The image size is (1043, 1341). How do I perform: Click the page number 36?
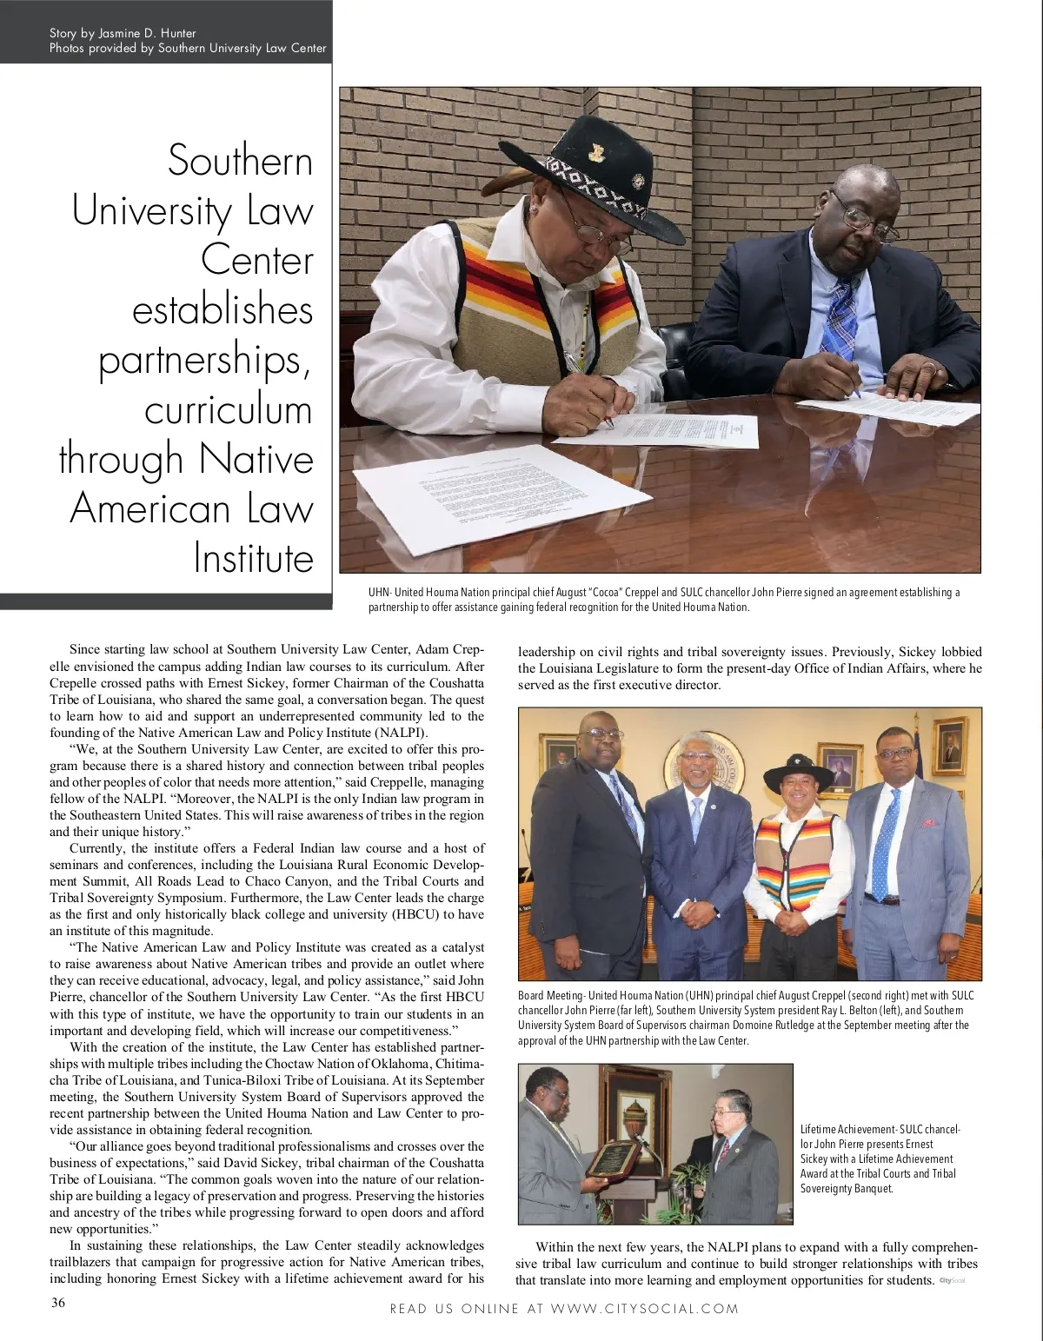pyautogui.click(x=57, y=1302)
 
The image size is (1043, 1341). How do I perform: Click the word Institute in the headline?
pyautogui.click(x=253, y=558)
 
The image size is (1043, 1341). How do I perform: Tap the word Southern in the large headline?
pyautogui.click(x=240, y=161)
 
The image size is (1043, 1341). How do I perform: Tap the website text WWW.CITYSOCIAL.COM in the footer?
pyautogui.click(x=645, y=1308)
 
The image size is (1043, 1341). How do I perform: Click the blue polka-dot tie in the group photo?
pyautogui.click(x=885, y=842)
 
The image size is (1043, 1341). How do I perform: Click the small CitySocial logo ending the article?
pyautogui.click(x=953, y=1280)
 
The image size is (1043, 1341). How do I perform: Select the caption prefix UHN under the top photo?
pyautogui.click(x=379, y=593)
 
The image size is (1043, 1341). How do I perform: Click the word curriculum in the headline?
pyautogui.click(x=228, y=409)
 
